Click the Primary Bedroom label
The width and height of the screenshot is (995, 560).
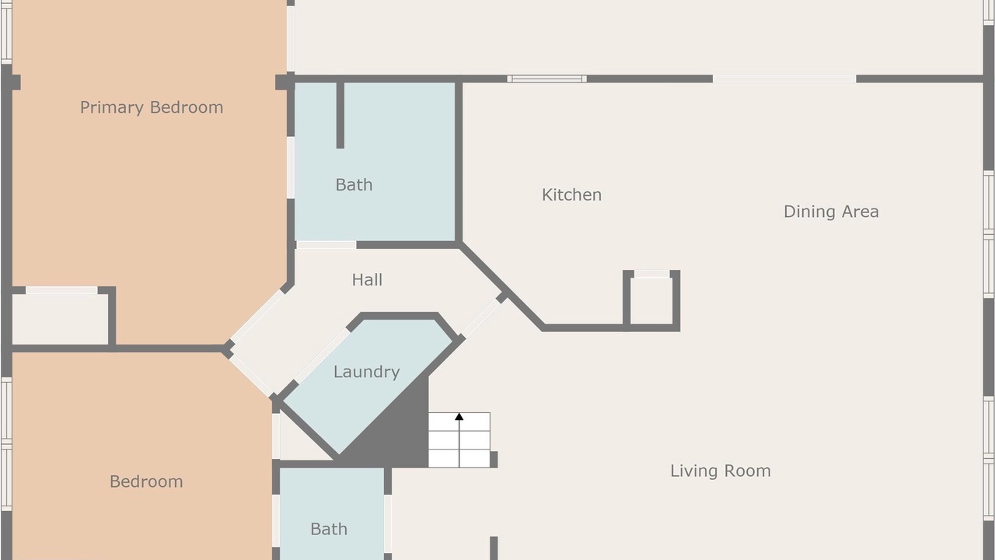(152, 107)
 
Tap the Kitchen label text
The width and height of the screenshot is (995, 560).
(571, 194)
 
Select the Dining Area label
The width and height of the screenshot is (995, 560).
(831, 212)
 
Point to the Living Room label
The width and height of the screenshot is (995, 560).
(721, 471)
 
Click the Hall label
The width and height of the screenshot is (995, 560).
(367, 280)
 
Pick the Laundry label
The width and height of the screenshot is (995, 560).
(366, 372)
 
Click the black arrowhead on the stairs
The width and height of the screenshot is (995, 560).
(459, 416)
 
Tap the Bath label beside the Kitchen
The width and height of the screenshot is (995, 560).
(354, 185)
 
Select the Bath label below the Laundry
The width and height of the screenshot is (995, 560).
(329, 530)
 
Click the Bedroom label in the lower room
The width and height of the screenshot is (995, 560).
(146, 481)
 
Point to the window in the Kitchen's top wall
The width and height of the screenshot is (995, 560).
(546, 79)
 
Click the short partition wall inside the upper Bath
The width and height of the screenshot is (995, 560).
(340, 114)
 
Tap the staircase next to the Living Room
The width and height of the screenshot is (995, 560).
(459, 440)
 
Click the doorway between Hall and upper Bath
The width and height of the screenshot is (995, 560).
(326, 245)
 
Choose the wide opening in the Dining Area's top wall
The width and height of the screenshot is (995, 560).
(784, 79)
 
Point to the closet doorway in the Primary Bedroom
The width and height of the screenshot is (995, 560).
(61, 290)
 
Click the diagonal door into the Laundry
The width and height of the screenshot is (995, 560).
(323, 354)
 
